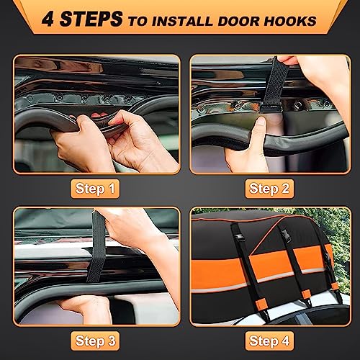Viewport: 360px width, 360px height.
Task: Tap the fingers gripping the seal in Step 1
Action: [108, 130]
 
